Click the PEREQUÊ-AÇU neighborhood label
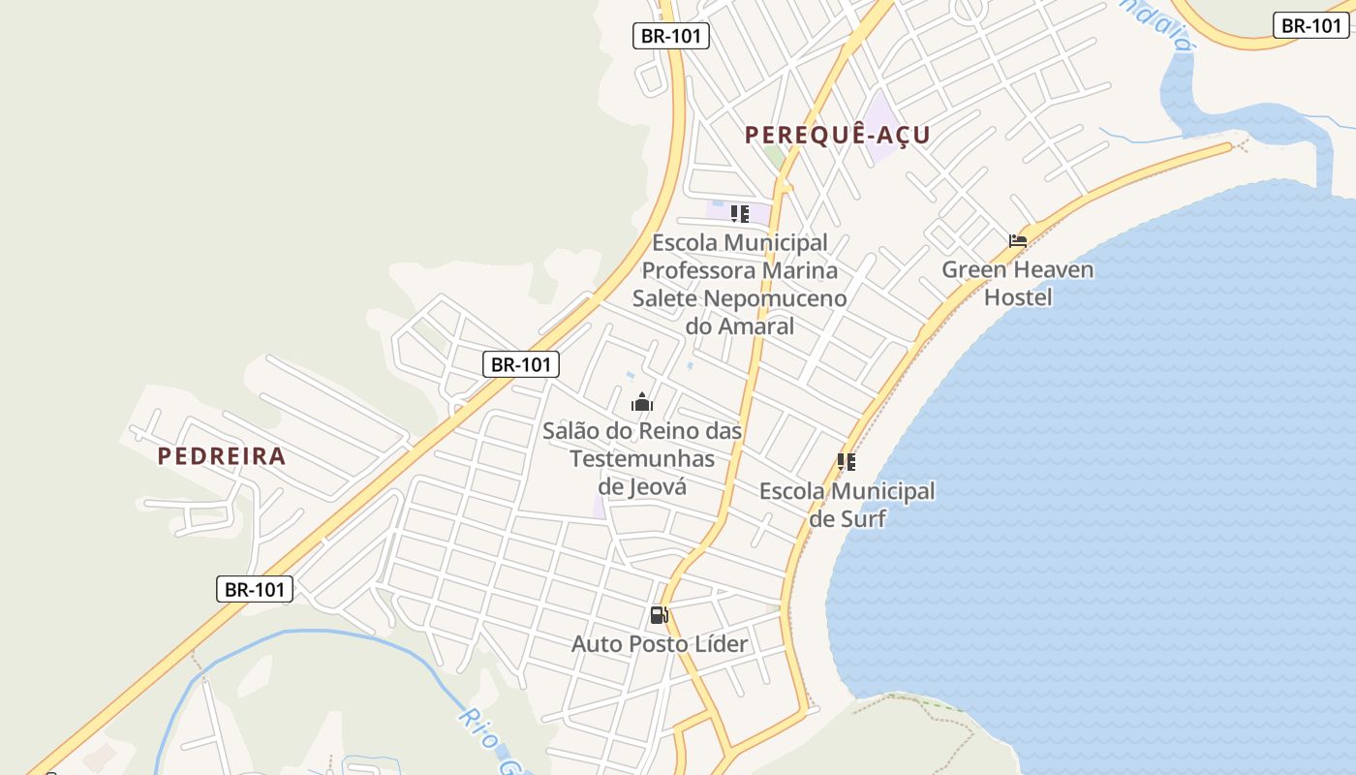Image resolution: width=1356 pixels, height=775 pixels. [x=837, y=136]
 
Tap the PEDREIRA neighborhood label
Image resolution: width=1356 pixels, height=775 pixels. [x=222, y=456]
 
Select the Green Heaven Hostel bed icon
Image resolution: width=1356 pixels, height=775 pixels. [x=1017, y=241]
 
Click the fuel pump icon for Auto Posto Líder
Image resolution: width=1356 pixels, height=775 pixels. [x=660, y=615]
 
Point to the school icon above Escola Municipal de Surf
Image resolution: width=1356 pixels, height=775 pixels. [x=847, y=462]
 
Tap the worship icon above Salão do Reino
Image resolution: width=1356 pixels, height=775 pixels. [x=642, y=402]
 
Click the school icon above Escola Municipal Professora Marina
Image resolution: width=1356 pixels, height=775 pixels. [x=740, y=213]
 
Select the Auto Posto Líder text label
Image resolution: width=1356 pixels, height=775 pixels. [x=660, y=644]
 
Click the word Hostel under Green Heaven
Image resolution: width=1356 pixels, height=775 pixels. [x=1018, y=297]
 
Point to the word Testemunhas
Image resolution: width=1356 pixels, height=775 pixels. [x=642, y=458]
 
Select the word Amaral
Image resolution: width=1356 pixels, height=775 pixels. [x=754, y=326]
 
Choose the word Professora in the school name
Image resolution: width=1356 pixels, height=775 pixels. [x=699, y=270]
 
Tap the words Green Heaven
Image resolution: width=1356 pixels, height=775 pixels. [x=1018, y=269]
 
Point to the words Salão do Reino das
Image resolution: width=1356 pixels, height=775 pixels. [x=642, y=430]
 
